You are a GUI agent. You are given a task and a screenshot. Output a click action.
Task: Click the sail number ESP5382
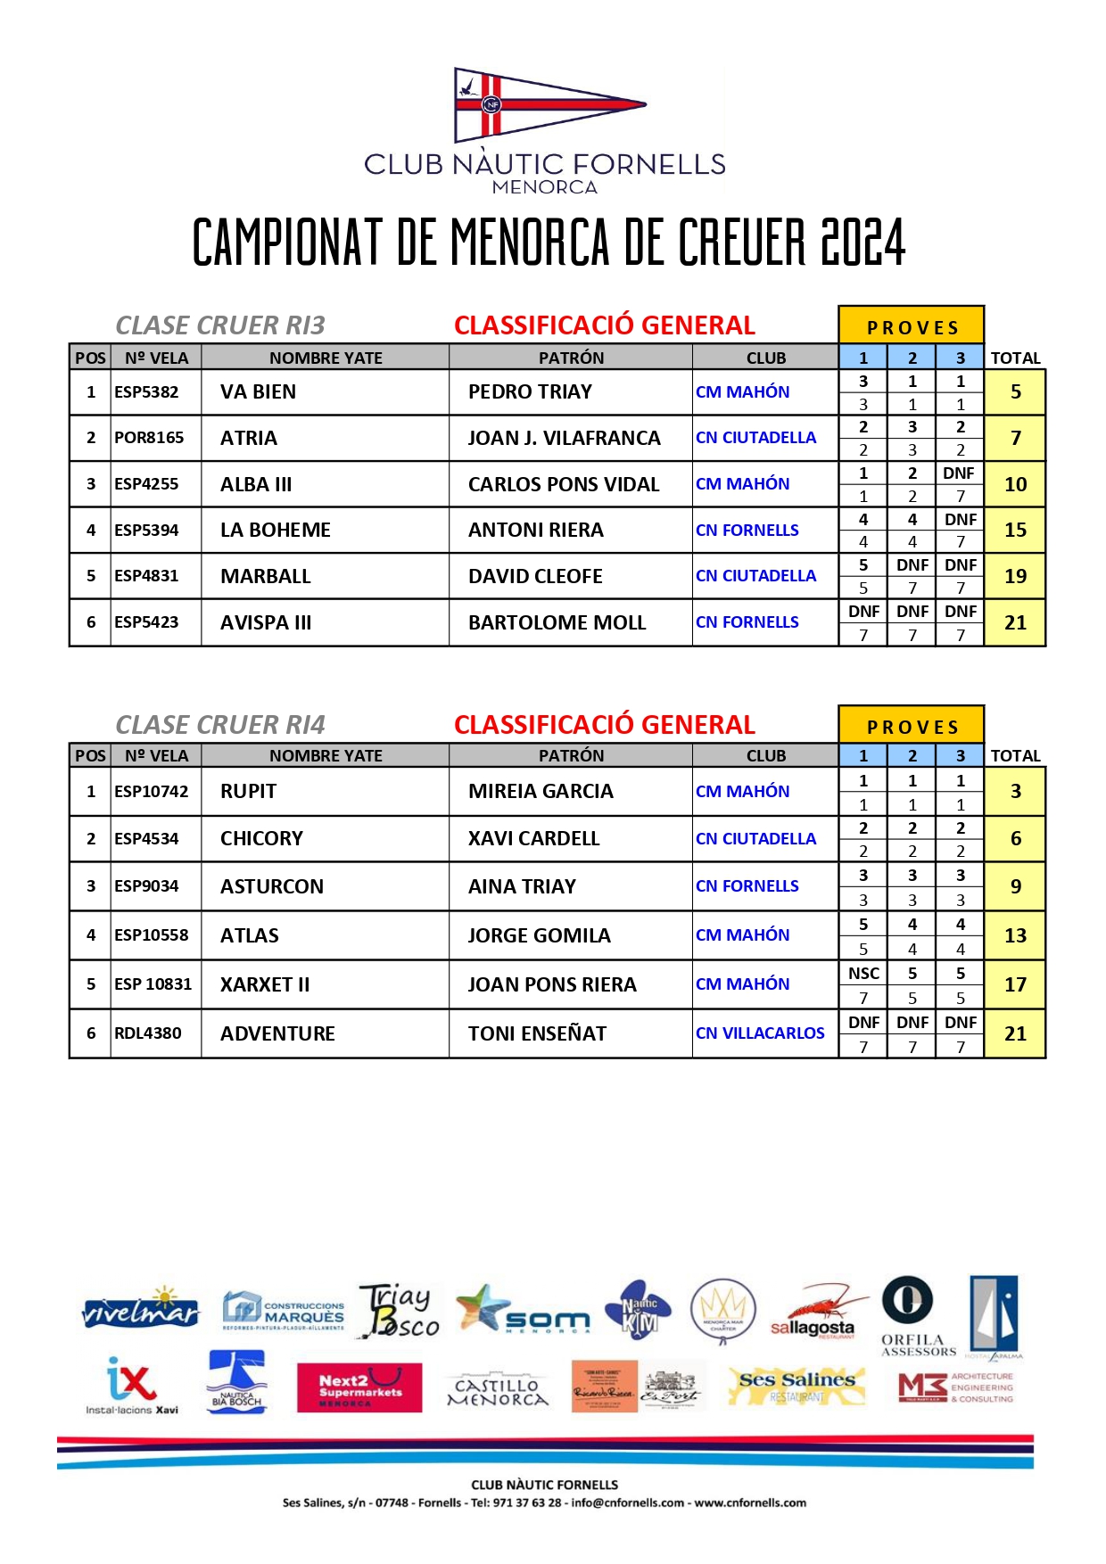[146, 392]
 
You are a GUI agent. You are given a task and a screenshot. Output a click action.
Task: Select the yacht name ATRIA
[249, 439]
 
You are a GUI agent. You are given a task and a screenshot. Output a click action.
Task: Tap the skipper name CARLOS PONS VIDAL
[564, 485]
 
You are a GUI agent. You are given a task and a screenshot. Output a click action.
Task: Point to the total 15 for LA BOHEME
[1015, 531]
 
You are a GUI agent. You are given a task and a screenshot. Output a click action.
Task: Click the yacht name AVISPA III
[266, 623]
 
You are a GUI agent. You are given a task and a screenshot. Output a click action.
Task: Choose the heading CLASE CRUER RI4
[220, 725]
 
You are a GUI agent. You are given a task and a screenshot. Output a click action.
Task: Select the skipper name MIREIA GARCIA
[541, 792]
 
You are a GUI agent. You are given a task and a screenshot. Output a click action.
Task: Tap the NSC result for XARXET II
[863, 974]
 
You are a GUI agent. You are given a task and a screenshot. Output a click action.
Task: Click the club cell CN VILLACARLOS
[760, 1033]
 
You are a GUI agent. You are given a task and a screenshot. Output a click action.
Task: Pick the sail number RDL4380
[148, 1033]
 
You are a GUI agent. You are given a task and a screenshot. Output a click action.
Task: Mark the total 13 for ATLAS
[1015, 936]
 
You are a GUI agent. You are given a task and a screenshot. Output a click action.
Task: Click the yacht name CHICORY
[261, 839]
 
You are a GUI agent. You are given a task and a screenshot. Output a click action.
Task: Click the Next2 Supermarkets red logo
[359, 1387]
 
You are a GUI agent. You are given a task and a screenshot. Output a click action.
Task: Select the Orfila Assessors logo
[910, 1316]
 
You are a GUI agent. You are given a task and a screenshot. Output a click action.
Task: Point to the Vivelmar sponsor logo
[140, 1310]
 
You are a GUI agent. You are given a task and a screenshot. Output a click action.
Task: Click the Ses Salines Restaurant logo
[796, 1386]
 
